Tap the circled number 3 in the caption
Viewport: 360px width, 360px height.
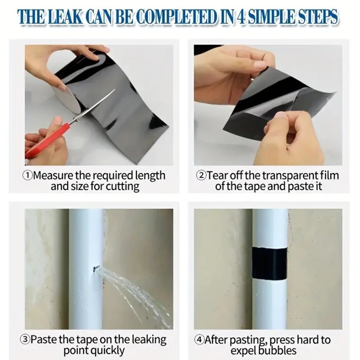coord(25,339)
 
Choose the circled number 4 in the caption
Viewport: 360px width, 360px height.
coord(199,339)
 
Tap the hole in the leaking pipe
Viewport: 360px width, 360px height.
coord(95,267)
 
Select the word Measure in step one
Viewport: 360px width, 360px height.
coord(53,176)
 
